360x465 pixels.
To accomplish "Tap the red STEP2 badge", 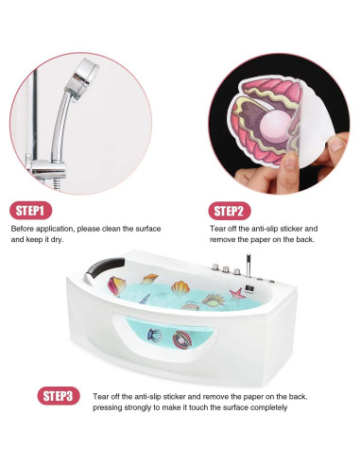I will [x=229, y=210].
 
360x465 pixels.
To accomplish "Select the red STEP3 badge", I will [x=59, y=395].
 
